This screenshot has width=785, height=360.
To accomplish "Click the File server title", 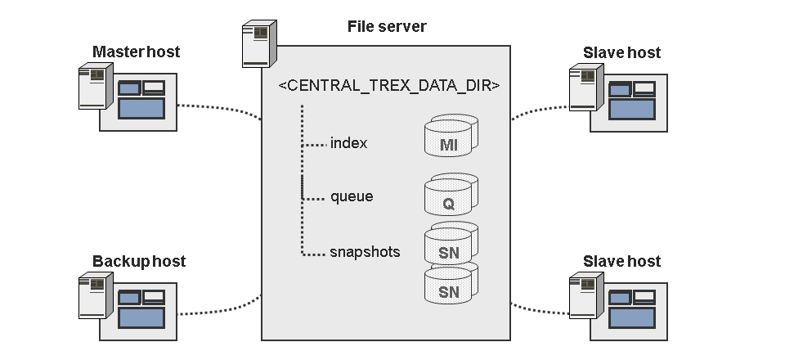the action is (x=387, y=26).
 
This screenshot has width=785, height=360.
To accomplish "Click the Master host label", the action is (x=137, y=52).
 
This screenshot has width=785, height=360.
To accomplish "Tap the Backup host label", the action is (x=139, y=261).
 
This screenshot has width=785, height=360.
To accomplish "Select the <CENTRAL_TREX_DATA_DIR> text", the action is (x=389, y=85).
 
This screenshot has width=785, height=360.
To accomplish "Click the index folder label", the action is (x=348, y=143).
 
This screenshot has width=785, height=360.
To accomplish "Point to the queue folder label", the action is (x=352, y=196).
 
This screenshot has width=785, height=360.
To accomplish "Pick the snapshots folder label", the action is (x=365, y=251).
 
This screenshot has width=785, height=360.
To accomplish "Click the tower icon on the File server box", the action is (x=259, y=43).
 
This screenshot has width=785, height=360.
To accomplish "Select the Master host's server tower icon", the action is (x=96, y=86).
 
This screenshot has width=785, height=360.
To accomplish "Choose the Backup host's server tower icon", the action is (x=96, y=295).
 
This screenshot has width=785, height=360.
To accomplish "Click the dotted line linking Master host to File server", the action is (x=220, y=109).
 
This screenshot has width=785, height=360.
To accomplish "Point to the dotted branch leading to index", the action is (x=315, y=145).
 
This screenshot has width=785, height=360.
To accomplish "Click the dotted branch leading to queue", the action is (x=315, y=199).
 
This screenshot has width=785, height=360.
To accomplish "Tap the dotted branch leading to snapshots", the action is (x=315, y=254).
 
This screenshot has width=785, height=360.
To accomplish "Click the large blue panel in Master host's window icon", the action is (x=141, y=108).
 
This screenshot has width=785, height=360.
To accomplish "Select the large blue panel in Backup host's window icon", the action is (x=141, y=317).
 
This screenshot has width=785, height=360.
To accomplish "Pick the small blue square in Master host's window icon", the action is (x=129, y=88).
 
